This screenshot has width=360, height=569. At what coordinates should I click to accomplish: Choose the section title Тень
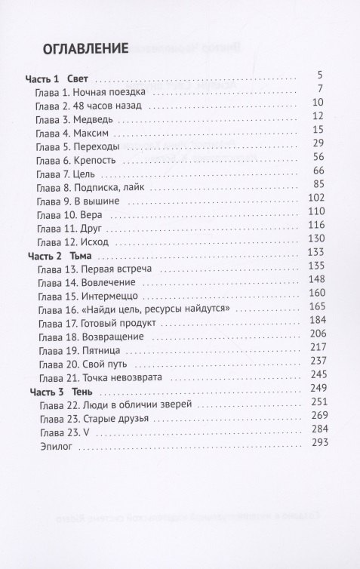click(x=83, y=392)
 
